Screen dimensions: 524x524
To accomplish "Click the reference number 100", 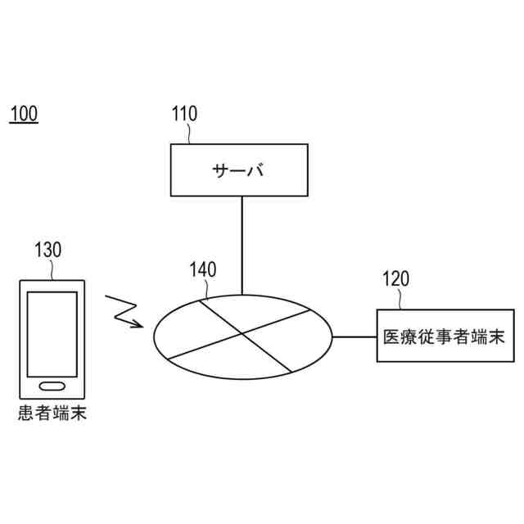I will [x=23, y=114].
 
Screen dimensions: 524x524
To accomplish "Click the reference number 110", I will [x=184, y=114].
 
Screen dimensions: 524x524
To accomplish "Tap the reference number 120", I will [x=395, y=279].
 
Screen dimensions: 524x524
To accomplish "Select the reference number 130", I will [x=47, y=250].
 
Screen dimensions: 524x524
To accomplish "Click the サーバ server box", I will [x=240, y=170].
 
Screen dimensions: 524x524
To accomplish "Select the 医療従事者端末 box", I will [x=441, y=336].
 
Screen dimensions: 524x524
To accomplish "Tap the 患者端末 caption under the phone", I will [x=52, y=414].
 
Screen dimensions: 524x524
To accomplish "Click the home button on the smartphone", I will [x=52, y=386].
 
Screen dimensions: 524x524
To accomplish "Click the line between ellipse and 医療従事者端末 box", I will [x=354, y=336].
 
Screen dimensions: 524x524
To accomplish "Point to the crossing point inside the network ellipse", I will [x=242, y=332].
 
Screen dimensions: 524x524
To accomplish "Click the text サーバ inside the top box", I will [x=239, y=171].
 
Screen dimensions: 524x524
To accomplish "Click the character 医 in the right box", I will [x=391, y=337].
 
